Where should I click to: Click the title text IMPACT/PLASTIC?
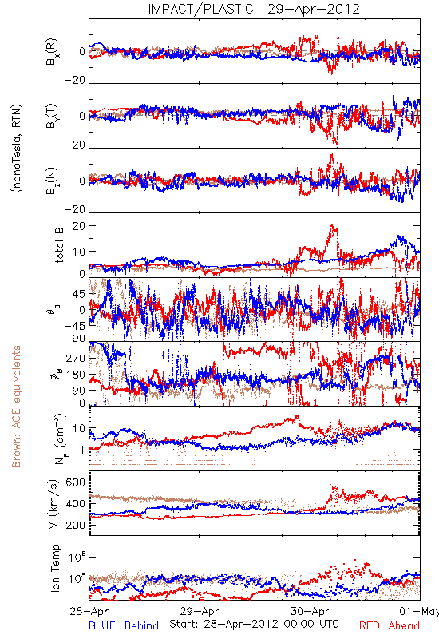[201, 9]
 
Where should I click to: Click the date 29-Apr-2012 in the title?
[314, 9]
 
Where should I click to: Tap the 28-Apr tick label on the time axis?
[89, 611]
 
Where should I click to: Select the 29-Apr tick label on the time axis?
[200, 611]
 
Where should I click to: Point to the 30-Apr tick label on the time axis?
[310, 611]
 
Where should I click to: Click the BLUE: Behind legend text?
[124, 625]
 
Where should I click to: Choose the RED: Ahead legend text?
[389, 625]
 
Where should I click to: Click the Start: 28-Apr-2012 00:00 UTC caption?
[254, 624]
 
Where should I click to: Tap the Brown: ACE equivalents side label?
[16, 407]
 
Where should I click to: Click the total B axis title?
[59, 244]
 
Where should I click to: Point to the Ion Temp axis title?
[55, 568]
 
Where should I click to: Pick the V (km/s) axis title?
[53, 504]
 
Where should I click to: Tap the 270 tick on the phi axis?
[76, 358]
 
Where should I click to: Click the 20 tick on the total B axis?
[78, 226]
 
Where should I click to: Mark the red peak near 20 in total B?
[332, 225]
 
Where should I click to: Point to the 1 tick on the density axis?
[83, 450]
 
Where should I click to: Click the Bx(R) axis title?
[52, 51]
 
